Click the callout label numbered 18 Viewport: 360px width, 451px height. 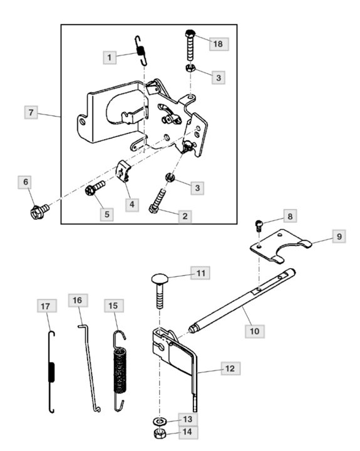click(219, 44)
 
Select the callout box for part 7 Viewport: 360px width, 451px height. click(31, 112)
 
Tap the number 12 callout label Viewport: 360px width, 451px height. click(230, 368)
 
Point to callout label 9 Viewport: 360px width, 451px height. click(339, 236)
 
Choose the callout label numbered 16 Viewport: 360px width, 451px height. click(78, 301)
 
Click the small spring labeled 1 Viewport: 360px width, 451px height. click(141, 51)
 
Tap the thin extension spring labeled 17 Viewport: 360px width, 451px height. click(51, 372)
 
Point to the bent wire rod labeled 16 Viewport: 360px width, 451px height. click(89, 368)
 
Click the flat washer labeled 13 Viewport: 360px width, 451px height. click(160, 422)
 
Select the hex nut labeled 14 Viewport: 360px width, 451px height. click(159, 433)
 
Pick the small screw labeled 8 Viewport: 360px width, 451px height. click(259, 225)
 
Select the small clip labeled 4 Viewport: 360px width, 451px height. click(123, 172)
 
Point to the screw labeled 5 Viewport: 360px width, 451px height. click(95, 188)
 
